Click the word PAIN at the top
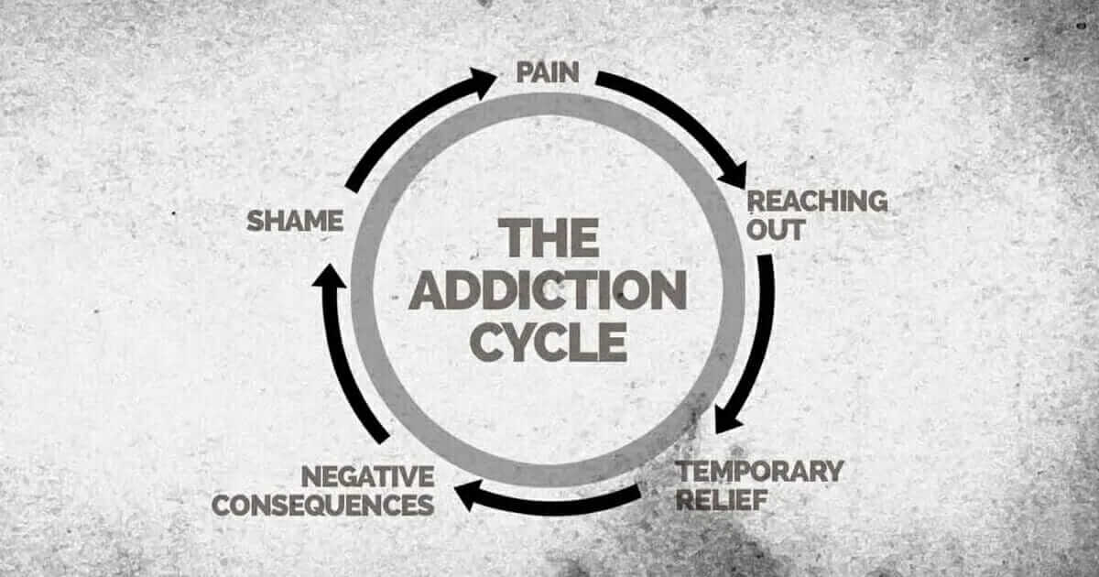point(548,72)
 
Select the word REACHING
point(818,201)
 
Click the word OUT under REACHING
point(775,230)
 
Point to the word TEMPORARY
point(759,472)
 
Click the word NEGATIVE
point(367,476)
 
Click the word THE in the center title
point(549,238)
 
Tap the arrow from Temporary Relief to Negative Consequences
point(549,500)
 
